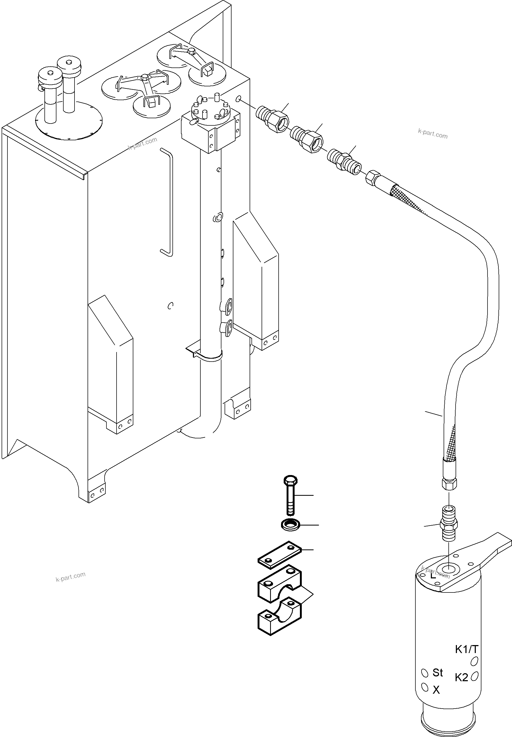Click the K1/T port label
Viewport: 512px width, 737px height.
point(466,650)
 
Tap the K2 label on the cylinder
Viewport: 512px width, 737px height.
point(461,677)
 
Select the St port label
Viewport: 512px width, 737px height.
point(437,673)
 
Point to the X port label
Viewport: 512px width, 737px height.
point(436,690)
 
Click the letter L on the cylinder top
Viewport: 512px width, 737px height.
point(433,575)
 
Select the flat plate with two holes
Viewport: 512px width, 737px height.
point(279,555)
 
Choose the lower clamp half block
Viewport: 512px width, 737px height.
point(279,616)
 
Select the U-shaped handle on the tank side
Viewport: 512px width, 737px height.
point(167,202)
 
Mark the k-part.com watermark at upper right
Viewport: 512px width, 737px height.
point(432,134)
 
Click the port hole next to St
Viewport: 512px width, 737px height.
point(425,673)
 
